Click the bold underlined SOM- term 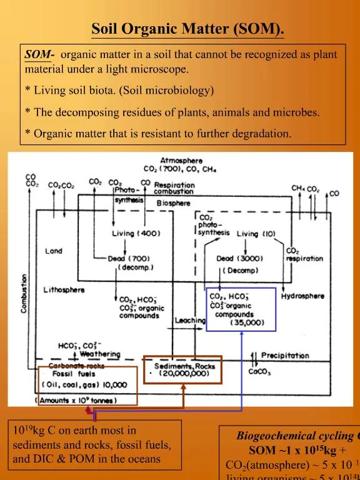39,55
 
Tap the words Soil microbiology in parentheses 168,91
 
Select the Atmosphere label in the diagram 181,161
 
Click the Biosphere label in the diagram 173,203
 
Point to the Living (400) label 136,234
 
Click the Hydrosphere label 302,296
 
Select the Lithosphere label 64,290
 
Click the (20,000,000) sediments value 183,374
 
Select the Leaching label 190,320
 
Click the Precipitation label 285,355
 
